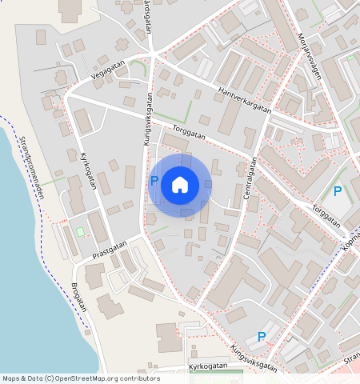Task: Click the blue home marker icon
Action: pos(180,186)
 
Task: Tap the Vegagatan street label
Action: pos(108,70)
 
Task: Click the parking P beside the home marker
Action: pos(154,182)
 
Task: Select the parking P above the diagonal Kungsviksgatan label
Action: pos(262,337)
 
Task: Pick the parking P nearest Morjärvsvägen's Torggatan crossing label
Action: pos(338,192)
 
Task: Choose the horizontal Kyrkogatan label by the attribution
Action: pos(208,366)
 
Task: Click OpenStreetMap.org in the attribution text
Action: pos(96,378)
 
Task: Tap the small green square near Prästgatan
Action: pos(80,232)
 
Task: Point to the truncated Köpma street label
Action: pos(350,241)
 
